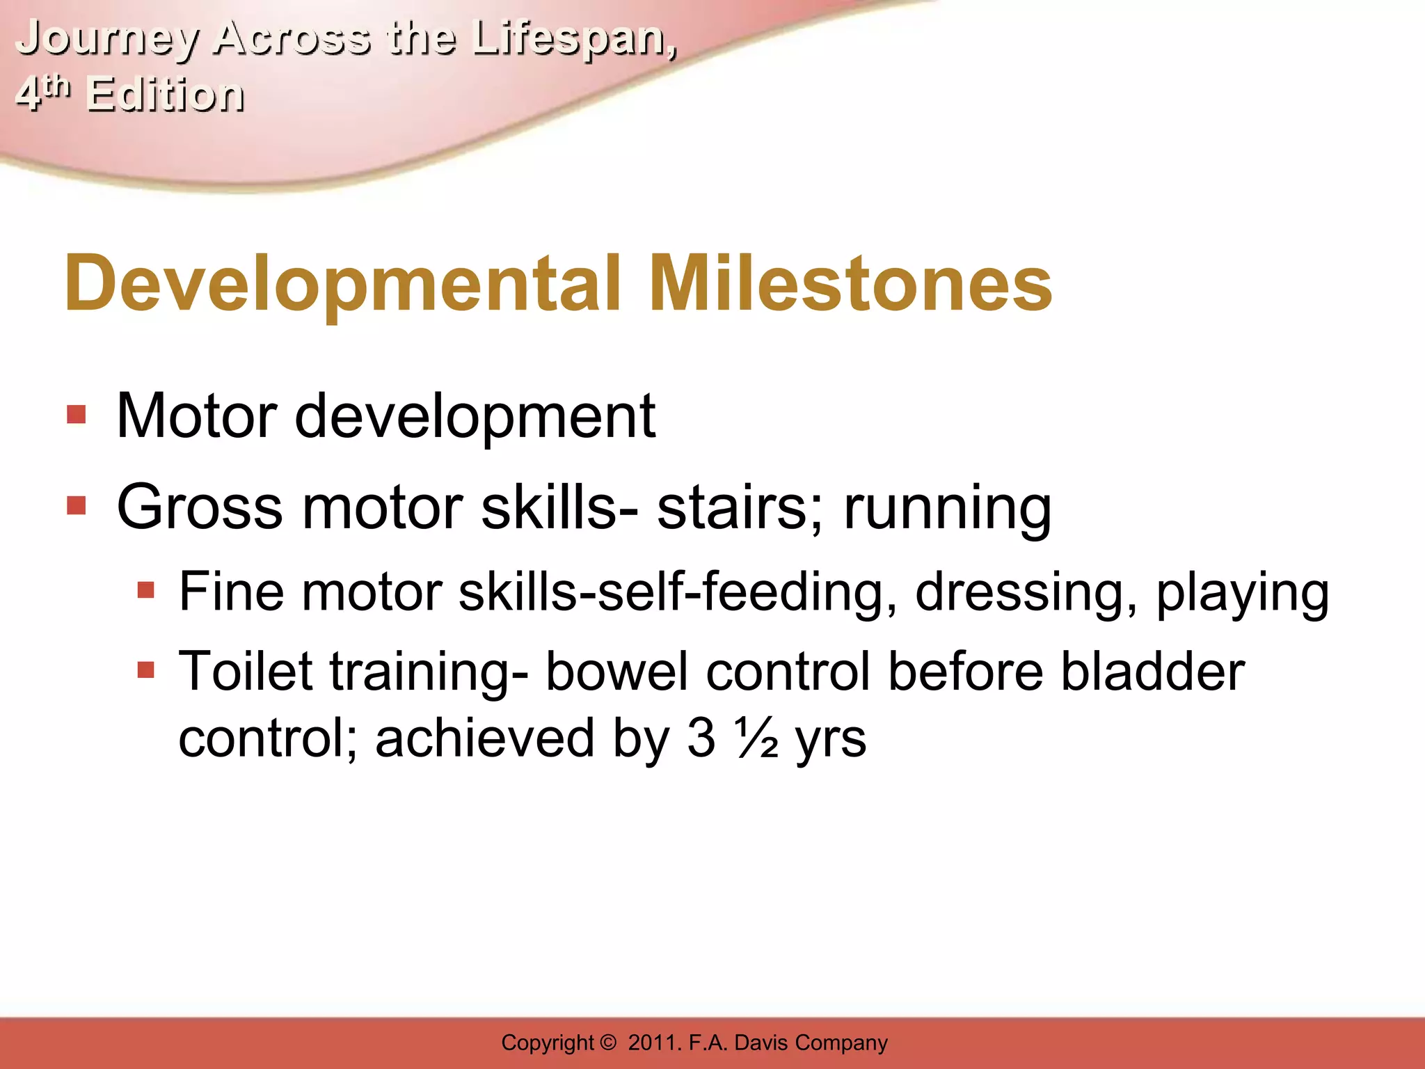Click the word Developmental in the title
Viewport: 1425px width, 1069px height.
[342, 283]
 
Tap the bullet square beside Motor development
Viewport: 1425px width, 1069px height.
[77, 415]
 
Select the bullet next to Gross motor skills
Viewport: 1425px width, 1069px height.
[77, 506]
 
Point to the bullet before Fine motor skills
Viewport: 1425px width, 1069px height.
[145, 592]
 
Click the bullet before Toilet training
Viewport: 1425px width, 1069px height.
[145, 671]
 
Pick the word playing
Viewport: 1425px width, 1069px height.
[1243, 593]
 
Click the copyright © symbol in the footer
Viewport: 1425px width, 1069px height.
[607, 1043]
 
